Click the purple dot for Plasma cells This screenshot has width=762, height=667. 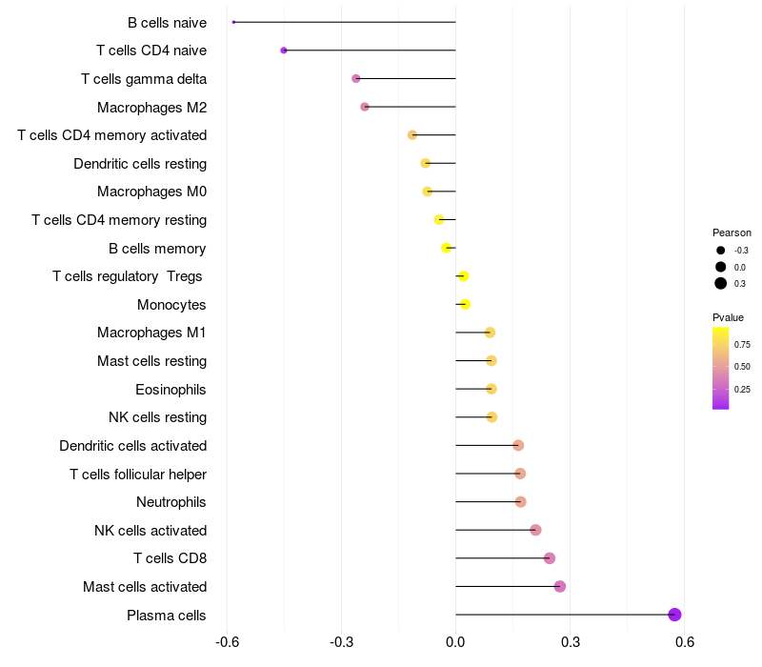(x=674, y=615)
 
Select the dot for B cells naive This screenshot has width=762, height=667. (x=233, y=22)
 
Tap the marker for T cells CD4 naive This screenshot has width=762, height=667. (x=284, y=51)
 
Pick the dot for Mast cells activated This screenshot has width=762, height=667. (x=560, y=586)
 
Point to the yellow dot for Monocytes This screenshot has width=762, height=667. (x=465, y=305)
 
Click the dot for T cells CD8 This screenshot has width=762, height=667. (x=549, y=558)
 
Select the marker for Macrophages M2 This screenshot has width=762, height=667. (x=365, y=107)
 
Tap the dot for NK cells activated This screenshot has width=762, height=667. (x=535, y=530)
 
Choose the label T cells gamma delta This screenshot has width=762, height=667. (x=144, y=79)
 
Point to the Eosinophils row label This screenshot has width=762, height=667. (x=170, y=390)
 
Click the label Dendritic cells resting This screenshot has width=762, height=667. (x=140, y=164)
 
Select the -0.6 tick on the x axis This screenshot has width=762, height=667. (x=228, y=642)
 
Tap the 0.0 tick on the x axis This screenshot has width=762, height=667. (x=456, y=642)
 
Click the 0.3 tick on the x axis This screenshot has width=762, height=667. (x=571, y=642)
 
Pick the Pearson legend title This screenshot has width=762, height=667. (x=732, y=232)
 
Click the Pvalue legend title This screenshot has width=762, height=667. (x=728, y=317)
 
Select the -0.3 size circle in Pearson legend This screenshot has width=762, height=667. (x=721, y=251)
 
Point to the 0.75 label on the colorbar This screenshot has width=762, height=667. (x=742, y=344)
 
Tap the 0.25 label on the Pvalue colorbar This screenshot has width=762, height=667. (x=742, y=389)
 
